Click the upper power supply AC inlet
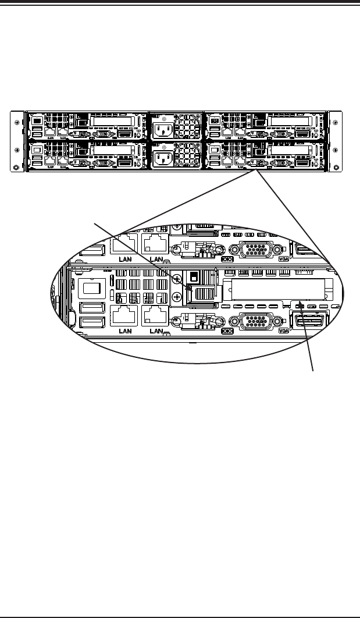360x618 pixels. [x=163, y=126]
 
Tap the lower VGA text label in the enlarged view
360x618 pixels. [x=284, y=331]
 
